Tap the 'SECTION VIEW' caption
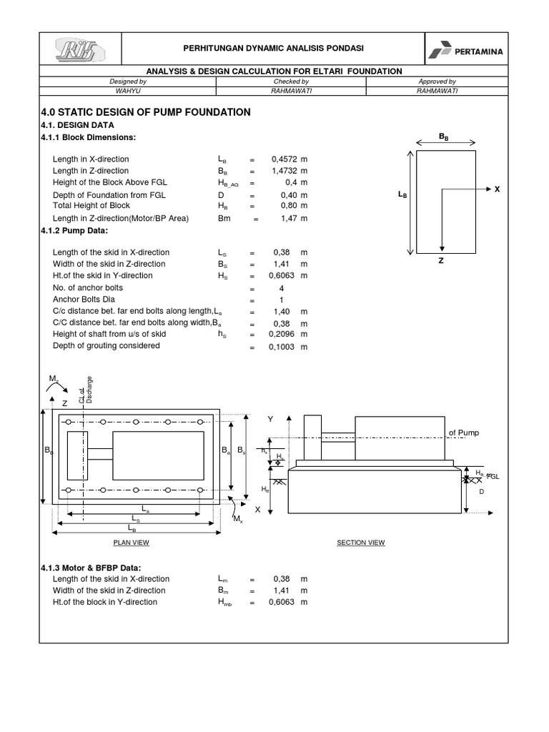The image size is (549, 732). coord(361,543)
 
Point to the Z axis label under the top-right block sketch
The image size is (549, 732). coord(442,261)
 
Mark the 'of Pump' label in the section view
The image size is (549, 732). coord(463,433)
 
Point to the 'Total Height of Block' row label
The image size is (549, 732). coord(90,207)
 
